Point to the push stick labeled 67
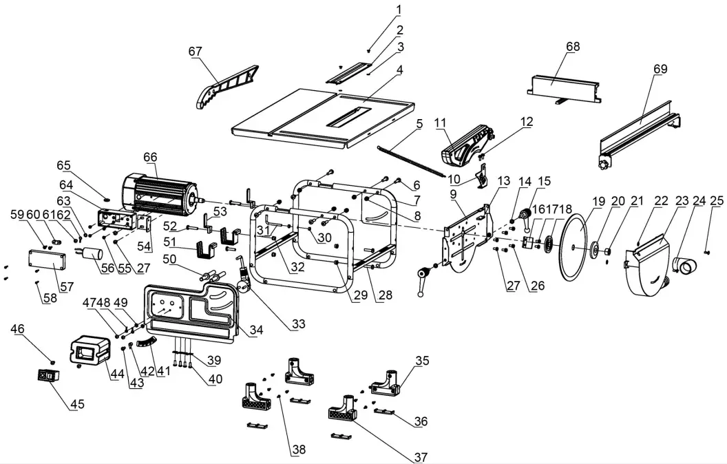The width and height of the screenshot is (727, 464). [x=226, y=87]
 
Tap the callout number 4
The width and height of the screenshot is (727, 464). [x=399, y=70]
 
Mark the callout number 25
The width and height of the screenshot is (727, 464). [x=716, y=201]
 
